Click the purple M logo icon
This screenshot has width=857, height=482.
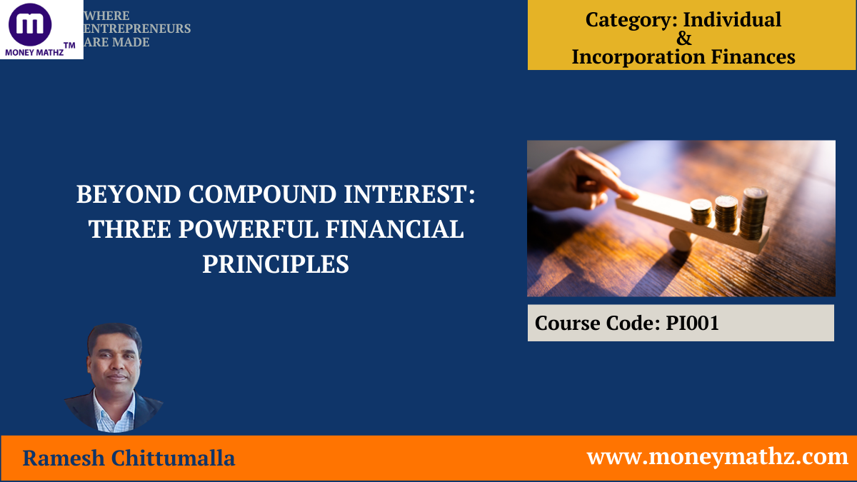point(30,24)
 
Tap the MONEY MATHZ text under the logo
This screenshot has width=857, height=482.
point(34,51)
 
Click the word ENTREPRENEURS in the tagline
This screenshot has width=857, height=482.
point(137,29)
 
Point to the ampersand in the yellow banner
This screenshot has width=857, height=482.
point(683,39)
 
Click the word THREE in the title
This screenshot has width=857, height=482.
point(129,229)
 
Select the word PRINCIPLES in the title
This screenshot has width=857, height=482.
point(276,264)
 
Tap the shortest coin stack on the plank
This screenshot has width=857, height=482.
point(701,211)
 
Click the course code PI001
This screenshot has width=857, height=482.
point(692,323)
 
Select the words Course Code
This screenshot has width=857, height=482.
point(597,323)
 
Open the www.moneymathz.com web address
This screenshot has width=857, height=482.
point(717,456)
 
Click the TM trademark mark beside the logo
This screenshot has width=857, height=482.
point(69,45)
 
